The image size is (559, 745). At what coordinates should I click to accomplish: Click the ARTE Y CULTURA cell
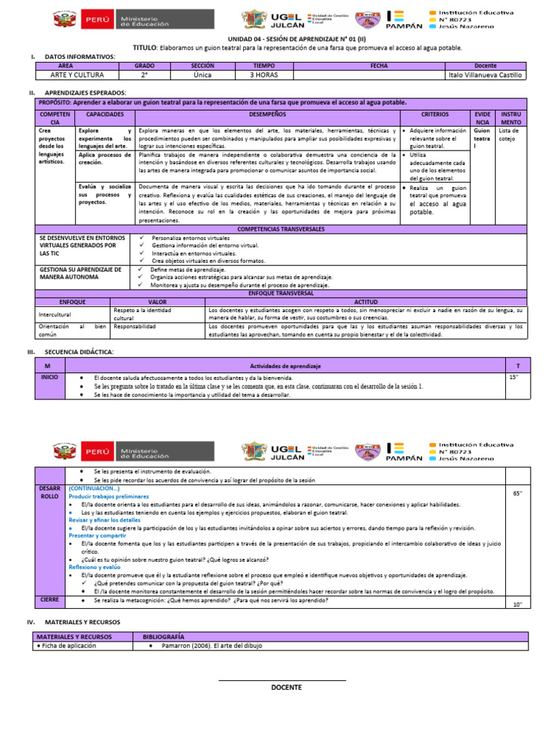77,75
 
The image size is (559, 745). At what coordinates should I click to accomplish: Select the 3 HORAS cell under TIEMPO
262,75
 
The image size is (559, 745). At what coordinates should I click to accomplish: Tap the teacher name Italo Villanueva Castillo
485,75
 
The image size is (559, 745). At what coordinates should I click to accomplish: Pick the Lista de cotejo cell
508,135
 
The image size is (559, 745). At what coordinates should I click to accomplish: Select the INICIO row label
49,378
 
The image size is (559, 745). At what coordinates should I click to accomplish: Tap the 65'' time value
518,493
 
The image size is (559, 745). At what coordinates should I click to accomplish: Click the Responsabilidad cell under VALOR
135,327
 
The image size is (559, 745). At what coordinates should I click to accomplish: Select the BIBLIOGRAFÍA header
164,636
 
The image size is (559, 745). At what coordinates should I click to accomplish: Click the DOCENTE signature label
286,688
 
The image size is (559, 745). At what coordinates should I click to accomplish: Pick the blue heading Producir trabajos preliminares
108,496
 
